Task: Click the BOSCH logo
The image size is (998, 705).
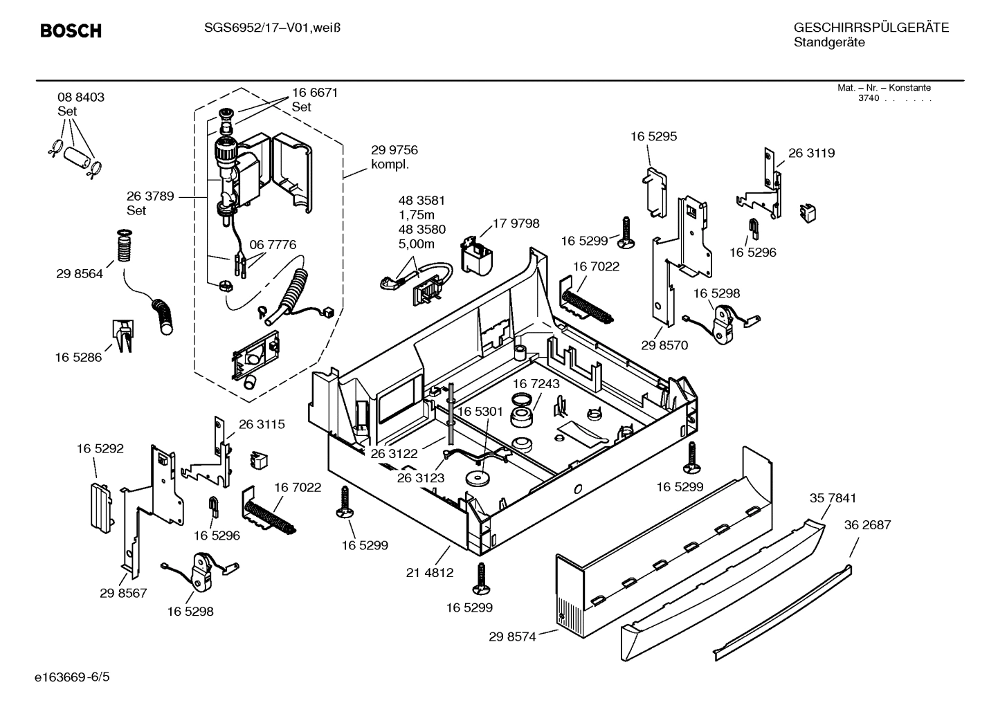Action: pyautogui.click(x=71, y=30)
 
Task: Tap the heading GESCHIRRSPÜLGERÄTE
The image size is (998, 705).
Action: pyautogui.click(x=871, y=28)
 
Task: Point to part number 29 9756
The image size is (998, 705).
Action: pyautogui.click(x=394, y=150)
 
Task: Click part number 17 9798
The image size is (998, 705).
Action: pyautogui.click(x=516, y=223)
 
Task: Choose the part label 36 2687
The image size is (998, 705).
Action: pyautogui.click(x=867, y=525)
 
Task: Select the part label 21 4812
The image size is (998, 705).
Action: pyautogui.click(x=430, y=573)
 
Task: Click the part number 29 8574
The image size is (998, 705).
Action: pyautogui.click(x=512, y=637)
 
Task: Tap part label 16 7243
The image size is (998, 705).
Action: pyautogui.click(x=536, y=383)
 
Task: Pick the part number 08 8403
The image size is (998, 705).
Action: pyautogui.click(x=81, y=98)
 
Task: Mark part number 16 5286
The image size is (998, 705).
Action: pyautogui.click(x=78, y=358)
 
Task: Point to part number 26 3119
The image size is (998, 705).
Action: pyautogui.click(x=811, y=153)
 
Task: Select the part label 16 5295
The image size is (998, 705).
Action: pyautogui.click(x=653, y=136)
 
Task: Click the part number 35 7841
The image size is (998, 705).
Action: pyautogui.click(x=833, y=498)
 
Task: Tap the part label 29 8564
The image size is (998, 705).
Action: pyautogui.click(x=80, y=274)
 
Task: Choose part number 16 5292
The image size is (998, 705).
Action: pyautogui.click(x=100, y=449)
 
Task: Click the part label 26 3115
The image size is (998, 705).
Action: pyautogui.click(x=262, y=424)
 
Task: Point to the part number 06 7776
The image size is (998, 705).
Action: pyautogui.click(x=273, y=245)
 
